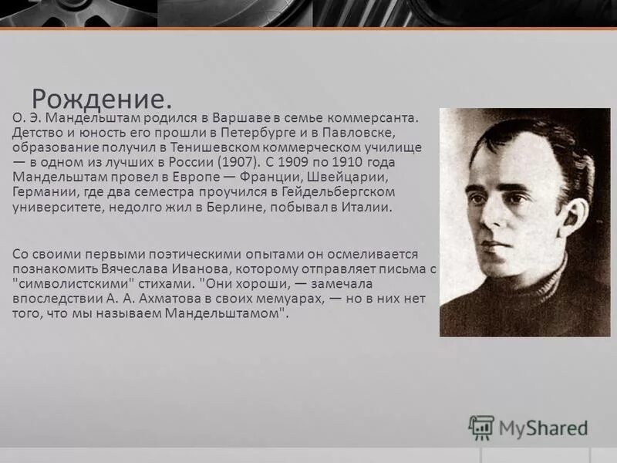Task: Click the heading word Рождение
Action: coord(101,99)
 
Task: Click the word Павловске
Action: coord(377,133)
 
